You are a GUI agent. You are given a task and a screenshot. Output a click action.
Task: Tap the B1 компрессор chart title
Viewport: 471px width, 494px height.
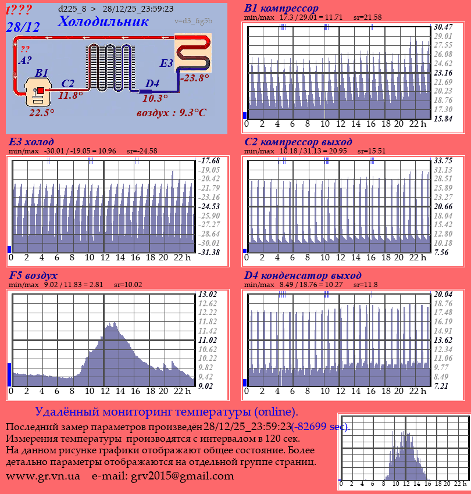coord(281,9)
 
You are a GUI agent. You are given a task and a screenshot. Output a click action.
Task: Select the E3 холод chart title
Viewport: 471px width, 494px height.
coord(31,142)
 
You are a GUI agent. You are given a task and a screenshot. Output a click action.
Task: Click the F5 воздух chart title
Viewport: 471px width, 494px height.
coord(33,275)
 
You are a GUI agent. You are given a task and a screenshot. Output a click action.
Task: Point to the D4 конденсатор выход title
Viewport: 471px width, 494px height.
coord(303,275)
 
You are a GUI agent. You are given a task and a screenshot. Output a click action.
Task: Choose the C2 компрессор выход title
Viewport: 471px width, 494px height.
coord(298,142)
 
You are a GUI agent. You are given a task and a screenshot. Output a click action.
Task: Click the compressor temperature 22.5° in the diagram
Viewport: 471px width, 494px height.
coord(42,113)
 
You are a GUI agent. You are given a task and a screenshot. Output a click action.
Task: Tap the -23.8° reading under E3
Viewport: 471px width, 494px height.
coord(194,78)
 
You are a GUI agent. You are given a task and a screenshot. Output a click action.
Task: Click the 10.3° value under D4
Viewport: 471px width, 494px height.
coord(155,99)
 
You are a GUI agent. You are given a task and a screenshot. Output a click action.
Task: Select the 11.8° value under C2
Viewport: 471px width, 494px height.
coord(70,96)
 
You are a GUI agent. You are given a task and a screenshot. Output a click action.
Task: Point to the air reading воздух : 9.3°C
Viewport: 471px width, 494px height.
coord(172,113)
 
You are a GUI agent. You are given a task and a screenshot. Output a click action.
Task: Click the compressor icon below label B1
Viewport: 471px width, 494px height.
coord(40,93)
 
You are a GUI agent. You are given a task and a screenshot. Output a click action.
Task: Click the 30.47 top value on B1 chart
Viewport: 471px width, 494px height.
coord(443,27)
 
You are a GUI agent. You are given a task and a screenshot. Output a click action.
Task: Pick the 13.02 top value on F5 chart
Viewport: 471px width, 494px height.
coord(208,293)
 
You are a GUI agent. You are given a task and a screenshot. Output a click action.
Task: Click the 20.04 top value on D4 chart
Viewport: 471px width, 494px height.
coord(443,294)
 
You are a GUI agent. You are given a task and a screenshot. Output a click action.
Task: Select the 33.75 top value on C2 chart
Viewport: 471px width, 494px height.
coord(443,160)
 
